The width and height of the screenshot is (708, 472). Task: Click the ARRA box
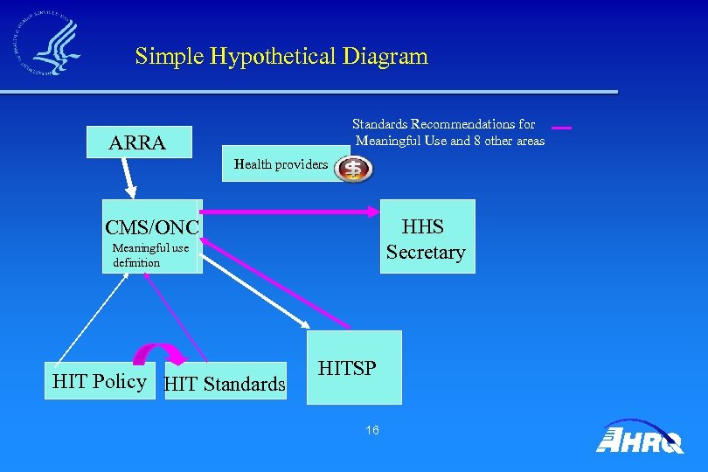point(138,142)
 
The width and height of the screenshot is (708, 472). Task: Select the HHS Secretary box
point(427,237)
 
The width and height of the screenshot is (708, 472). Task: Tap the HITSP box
point(354,367)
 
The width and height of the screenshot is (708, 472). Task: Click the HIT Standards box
point(225,382)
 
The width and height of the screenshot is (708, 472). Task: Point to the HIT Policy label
point(99,381)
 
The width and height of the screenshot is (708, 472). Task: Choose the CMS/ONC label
point(152,227)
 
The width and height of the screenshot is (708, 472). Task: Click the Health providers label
point(281,164)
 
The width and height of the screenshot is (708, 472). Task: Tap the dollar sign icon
point(354,169)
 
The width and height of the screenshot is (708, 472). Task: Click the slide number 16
point(372,430)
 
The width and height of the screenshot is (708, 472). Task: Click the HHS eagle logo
point(47,43)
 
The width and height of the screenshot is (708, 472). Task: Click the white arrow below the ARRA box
point(129,178)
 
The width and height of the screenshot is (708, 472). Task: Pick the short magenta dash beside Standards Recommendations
point(561,128)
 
